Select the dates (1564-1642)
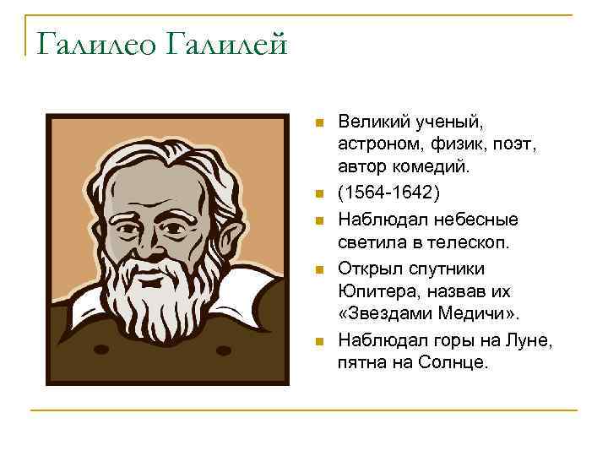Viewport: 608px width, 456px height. tap(388, 193)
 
